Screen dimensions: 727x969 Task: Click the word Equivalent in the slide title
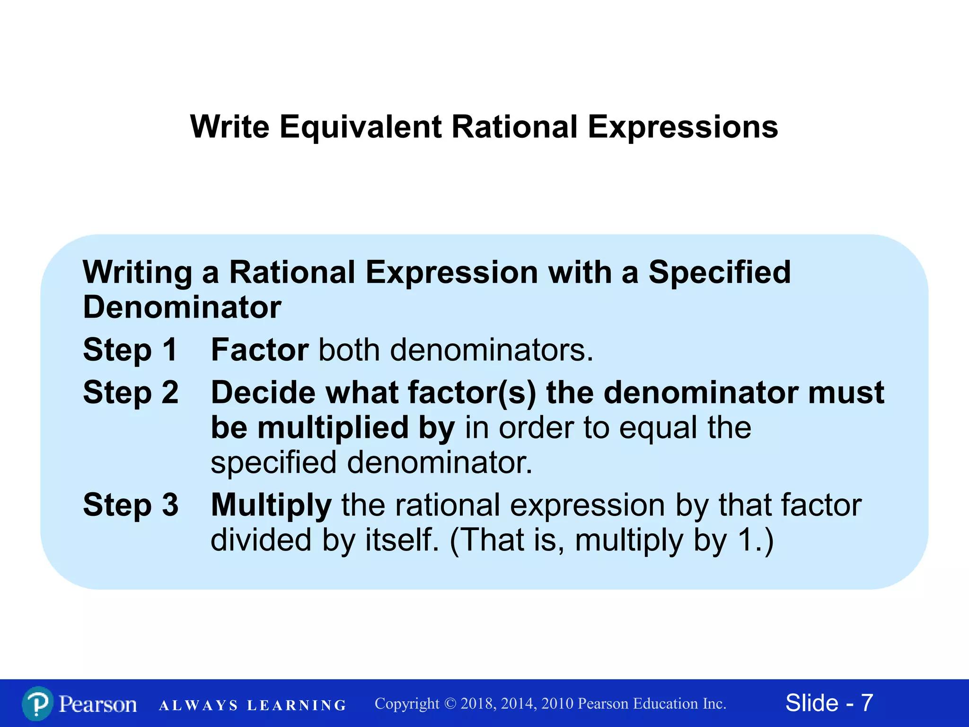coord(360,127)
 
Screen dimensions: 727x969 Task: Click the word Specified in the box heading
coord(719,272)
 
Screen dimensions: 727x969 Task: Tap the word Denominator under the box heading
coord(182,307)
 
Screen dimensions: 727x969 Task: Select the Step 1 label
coord(130,350)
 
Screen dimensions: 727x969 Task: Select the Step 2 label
coord(131,392)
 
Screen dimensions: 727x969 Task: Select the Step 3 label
coord(131,505)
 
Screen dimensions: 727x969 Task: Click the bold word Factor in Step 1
coord(260,350)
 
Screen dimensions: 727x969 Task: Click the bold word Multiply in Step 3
coord(271,505)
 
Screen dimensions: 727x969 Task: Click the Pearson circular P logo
coord(37,703)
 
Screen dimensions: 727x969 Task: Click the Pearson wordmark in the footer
coord(98,704)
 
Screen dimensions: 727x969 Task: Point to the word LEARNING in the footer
coord(297,706)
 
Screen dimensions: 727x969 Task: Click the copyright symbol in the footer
coord(450,704)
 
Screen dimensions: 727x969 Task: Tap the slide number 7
coord(867,703)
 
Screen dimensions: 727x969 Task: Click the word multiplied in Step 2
coord(333,427)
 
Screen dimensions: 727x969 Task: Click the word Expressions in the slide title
coord(683,127)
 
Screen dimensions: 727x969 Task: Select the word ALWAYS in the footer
coord(198,706)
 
